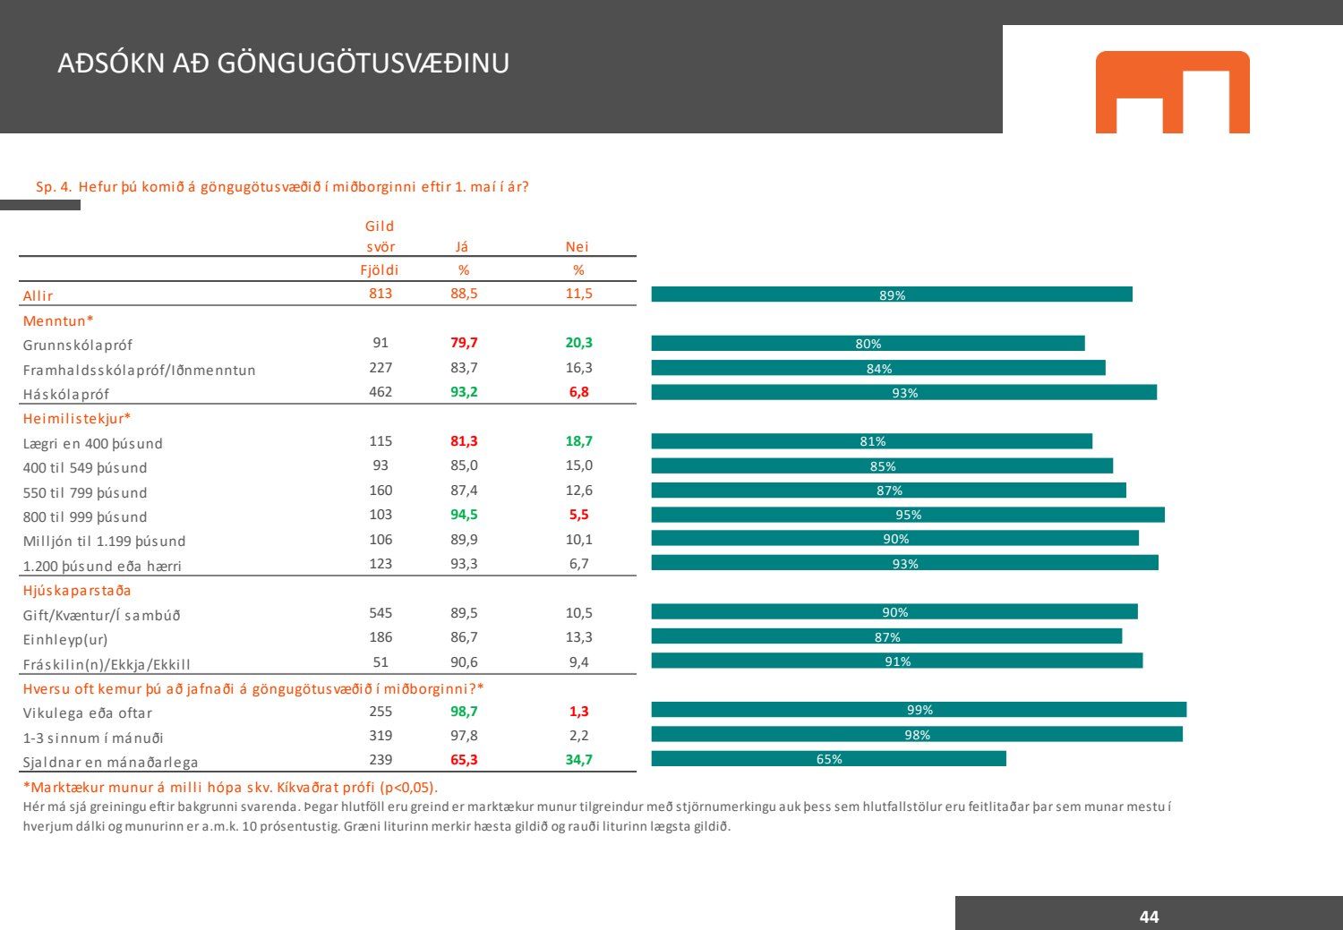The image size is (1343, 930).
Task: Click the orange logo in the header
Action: click(1172, 92)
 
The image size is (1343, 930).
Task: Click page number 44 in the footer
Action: click(1149, 917)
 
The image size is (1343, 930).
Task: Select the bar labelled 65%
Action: click(828, 759)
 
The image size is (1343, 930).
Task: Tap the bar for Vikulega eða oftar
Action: click(919, 710)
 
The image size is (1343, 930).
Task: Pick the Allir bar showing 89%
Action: click(892, 294)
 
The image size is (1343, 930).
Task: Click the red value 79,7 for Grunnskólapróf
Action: click(464, 343)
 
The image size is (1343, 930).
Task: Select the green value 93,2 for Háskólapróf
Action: click(464, 392)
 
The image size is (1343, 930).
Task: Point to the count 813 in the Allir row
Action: click(381, 294)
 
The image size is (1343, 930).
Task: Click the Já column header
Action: click(462, 247)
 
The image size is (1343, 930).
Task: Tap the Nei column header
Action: click(577, 247)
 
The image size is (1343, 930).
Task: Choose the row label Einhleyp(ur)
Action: click(65, 640)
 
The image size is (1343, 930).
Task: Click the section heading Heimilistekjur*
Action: click(77, 419)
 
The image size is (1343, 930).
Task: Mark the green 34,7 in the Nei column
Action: click(579, 760)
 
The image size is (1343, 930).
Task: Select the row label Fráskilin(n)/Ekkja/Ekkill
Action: click(107, 664)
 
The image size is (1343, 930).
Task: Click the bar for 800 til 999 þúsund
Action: click(908, 515)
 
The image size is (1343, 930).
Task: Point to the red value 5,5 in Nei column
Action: click(579, 515)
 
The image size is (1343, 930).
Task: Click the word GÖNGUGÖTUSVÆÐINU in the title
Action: click(364, 64)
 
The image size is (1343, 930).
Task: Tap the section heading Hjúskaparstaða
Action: click(77, 591)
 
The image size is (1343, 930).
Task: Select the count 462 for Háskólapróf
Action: click(381, 392)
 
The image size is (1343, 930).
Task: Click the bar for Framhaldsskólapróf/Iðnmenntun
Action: click(878, 368)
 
